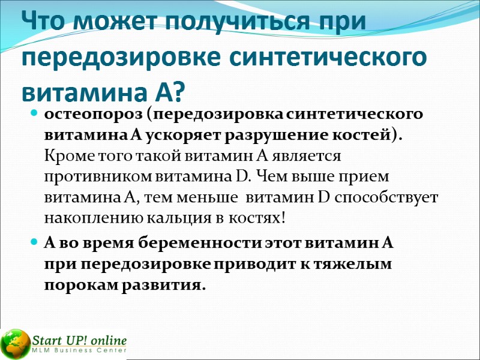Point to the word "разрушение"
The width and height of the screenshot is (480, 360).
pos(266,136)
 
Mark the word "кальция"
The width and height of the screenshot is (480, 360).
pos(166,218)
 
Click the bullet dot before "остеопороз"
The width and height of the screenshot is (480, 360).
pos(34,114)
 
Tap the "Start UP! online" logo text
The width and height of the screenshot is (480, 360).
pos(79,338)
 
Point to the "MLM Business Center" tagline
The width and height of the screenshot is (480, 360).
pos(79,350)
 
